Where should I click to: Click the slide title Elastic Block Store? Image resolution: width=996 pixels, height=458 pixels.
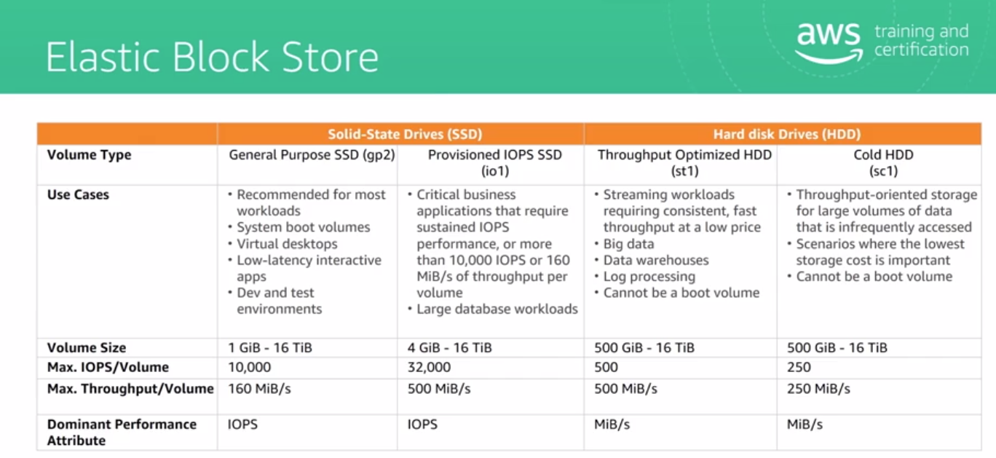(212, 57)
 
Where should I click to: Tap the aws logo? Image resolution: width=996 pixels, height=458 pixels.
(829, 43)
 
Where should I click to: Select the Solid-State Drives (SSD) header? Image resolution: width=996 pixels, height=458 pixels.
(405, 134)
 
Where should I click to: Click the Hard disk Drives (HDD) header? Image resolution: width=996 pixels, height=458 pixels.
(786, 134)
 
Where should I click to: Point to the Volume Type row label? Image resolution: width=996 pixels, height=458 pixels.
(90, 155)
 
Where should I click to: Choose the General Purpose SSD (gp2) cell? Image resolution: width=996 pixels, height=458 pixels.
(312, 155)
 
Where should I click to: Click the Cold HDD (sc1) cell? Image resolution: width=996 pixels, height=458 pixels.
(883, 163)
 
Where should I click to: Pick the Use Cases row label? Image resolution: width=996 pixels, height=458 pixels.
(78, 194)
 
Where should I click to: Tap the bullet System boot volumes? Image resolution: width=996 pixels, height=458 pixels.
(304, 227)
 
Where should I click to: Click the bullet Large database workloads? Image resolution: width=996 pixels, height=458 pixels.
(497, 309)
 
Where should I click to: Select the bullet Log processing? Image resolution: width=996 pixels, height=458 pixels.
(649, 277)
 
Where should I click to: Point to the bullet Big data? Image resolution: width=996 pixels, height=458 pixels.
(628, 244)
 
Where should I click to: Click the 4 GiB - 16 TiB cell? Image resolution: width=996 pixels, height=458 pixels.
(449, 348)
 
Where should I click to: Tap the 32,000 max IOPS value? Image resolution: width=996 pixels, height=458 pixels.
(429, 367)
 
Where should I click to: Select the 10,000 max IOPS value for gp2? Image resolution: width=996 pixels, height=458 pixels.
(250, 367)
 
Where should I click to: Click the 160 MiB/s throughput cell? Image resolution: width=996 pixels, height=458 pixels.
(259, 389)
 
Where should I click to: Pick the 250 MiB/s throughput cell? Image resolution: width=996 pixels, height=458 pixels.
(818, 389)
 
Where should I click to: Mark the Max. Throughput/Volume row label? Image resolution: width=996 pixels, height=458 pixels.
(130, 389)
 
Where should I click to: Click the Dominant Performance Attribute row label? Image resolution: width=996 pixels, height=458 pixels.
(122, 433)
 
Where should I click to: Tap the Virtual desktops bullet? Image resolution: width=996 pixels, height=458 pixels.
(287, 244)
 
